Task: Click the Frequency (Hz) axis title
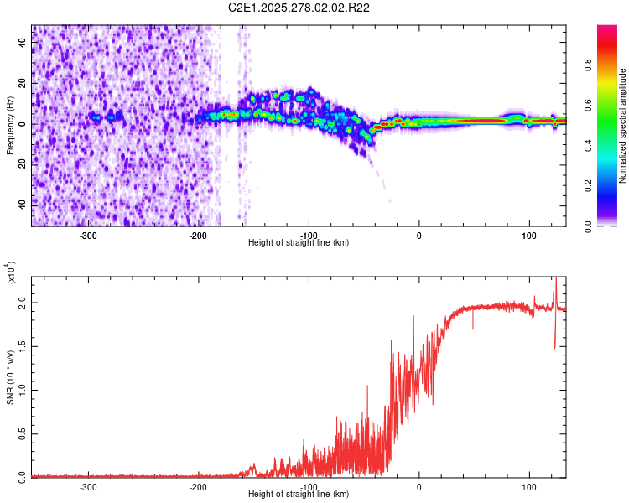point(10,126)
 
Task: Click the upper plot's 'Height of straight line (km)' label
point(299,243)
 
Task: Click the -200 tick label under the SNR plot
point(199,487)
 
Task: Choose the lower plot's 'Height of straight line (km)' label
point(299,494)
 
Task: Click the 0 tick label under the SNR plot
point(419,487)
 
